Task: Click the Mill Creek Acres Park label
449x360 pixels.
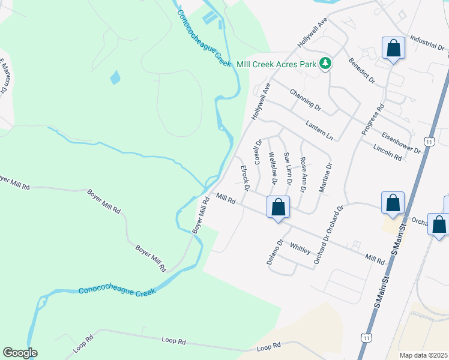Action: [x=277, y=62]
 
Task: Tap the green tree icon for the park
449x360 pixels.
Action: [x=325, y=63]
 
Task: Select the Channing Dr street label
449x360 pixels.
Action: [x=305, y=99]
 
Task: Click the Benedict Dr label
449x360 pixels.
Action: [x=361, y=71]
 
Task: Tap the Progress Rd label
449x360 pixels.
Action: [x=372, y=120]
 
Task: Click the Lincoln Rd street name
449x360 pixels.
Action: [x=387, y=152]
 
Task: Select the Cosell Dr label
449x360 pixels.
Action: [x=258, y=152]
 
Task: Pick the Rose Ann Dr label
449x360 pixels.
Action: [x=303, y=174]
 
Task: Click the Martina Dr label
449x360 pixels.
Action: [x=324, y=178]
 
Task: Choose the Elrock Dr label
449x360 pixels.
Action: [x=244, y=178]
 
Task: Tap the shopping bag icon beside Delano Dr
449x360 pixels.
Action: [x=278, y=208]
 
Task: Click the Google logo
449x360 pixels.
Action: [x=20, y=353]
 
